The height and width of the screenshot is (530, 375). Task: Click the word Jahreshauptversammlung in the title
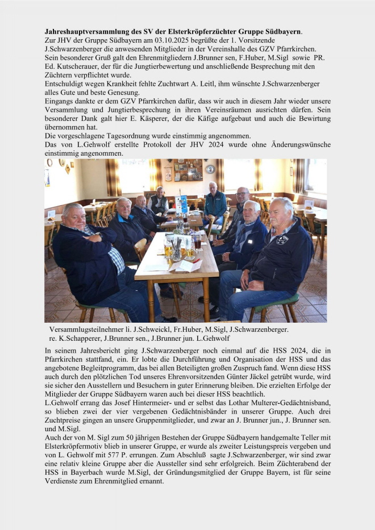coord(88,32)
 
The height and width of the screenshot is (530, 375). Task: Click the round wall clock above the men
coord(210,169)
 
